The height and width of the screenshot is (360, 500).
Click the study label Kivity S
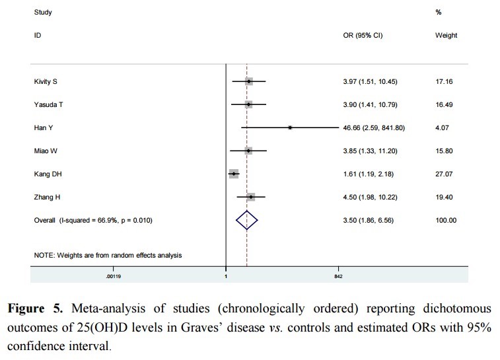click(45, 81)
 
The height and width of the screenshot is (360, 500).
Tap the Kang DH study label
click(48, 174)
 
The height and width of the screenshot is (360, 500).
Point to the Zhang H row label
click(46, 197)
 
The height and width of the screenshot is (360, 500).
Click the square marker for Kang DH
click(233, 173)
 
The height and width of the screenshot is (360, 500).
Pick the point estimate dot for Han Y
click(290, 127)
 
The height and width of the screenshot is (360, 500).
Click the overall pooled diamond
click(246, 220)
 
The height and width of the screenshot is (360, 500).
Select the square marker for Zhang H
click(251, 197)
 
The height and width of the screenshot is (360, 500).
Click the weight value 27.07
click(446, 174)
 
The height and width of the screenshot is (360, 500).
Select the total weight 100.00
click(446, 220)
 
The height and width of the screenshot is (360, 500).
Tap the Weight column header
click(446, 35)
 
